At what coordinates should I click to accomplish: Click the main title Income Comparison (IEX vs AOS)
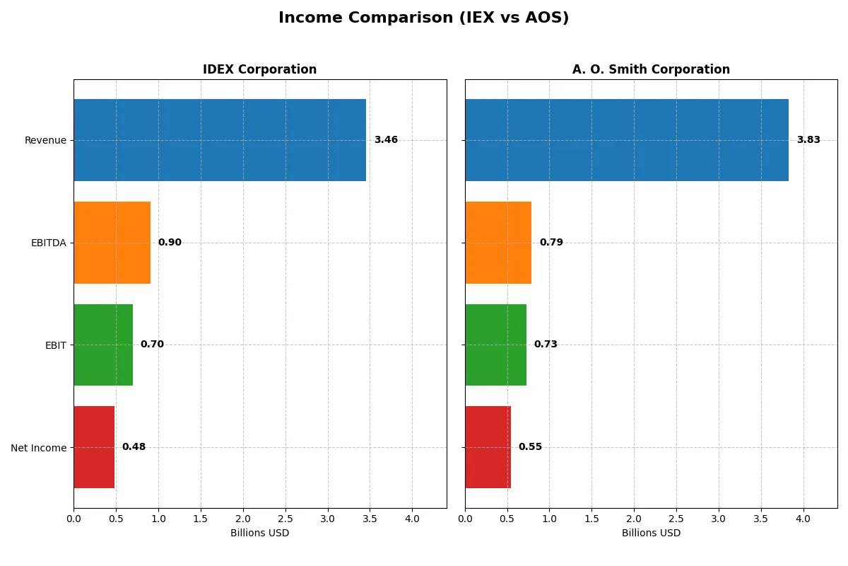point(423,18)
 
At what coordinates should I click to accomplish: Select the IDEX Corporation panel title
point(259,69)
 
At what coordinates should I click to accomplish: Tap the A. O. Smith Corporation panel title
point(651,69)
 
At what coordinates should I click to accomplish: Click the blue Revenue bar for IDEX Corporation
point(220,140)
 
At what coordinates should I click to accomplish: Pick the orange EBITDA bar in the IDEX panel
point(112,243)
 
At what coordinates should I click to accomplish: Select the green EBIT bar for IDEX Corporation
point(103,345)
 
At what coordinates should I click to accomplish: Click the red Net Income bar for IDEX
point(94,447)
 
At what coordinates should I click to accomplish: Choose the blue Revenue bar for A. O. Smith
point(627,140)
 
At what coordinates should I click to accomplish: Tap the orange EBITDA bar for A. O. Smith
point(498,243)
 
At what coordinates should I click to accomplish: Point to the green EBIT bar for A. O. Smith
point(495,345)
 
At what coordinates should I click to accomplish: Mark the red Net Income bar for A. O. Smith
point(488,447)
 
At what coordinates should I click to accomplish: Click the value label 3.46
point(386,140)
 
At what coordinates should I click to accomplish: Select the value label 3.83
point(808,140)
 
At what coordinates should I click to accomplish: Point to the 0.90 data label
point(170,243)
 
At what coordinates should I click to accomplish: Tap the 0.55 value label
point(530,447)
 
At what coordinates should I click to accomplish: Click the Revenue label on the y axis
point(45,140)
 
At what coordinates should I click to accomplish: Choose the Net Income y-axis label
point(39,448)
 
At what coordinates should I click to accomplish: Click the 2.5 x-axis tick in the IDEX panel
point(285,519)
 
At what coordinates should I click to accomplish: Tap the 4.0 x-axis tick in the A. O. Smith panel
point(803,519)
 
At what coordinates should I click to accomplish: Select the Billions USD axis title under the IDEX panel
point(259,533)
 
